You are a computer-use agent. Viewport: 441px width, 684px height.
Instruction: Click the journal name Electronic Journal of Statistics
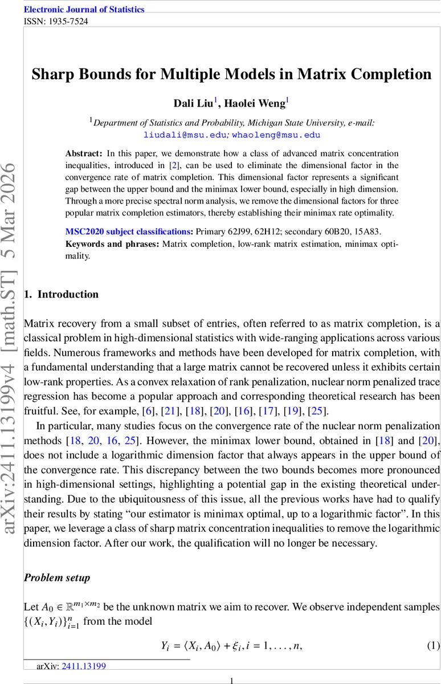[84, 10]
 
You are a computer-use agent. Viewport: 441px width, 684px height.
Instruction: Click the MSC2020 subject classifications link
[129, 232]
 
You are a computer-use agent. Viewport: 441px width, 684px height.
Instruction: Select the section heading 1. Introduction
[61, 294]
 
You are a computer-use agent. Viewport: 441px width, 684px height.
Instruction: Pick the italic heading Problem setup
[56, 578]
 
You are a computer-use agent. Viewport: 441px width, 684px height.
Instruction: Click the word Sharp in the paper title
[53, 75]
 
